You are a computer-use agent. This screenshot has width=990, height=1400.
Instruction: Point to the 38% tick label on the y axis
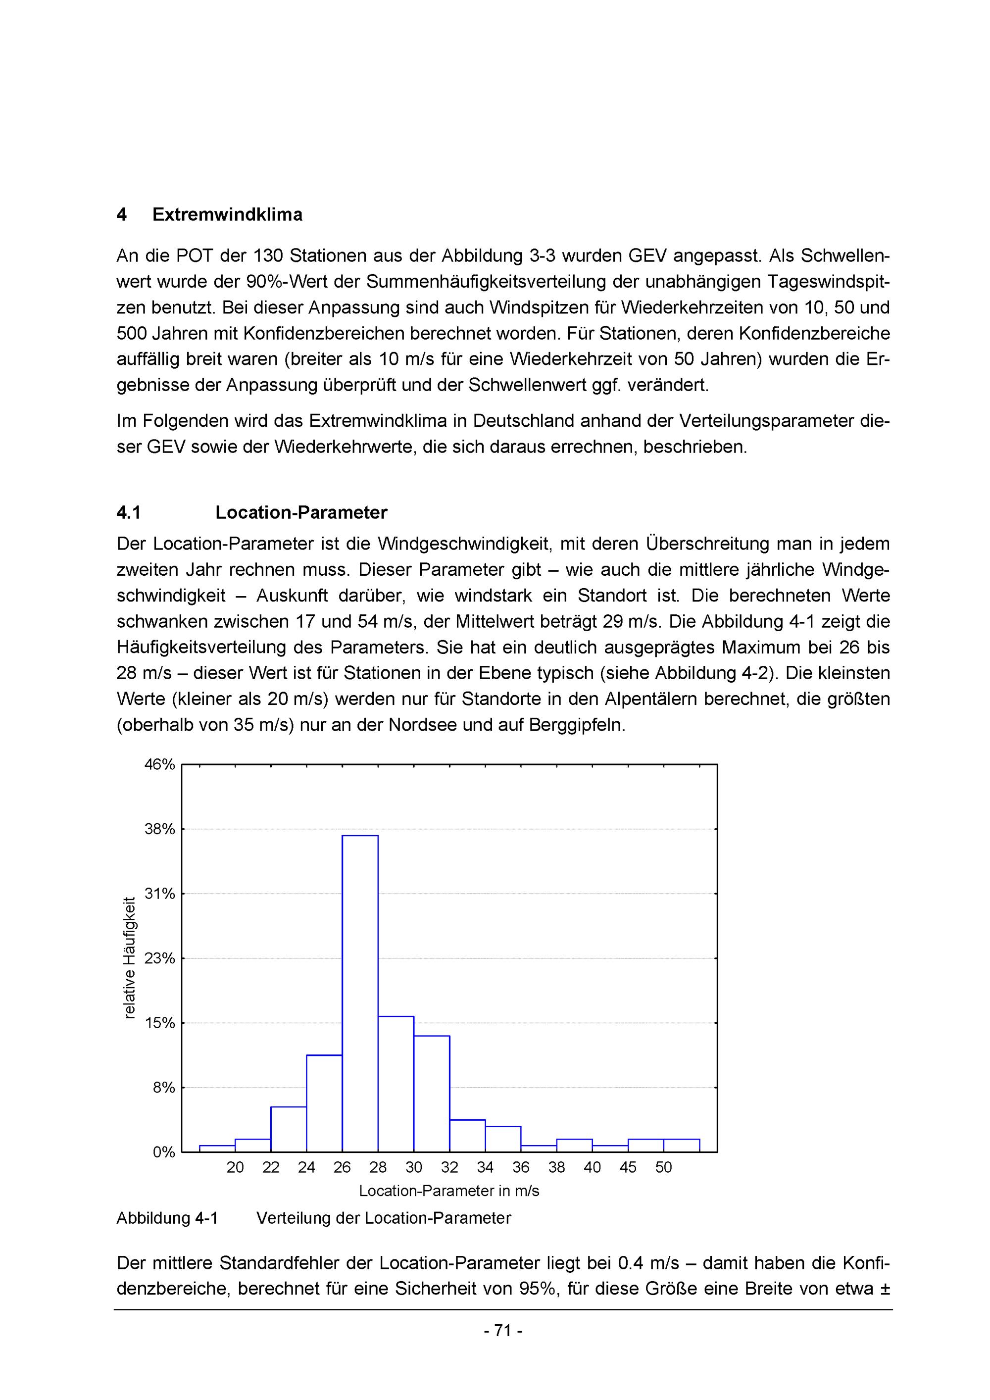pos(160,829)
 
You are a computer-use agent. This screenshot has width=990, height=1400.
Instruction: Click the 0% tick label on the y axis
pos(163,1152)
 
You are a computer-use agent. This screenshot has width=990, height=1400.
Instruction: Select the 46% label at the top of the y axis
pos(160,765)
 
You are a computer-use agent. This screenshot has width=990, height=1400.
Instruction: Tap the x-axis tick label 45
pos(628,1168)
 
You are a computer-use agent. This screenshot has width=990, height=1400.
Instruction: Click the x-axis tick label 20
pos(235,1168)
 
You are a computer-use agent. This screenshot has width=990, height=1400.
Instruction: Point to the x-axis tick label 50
pos(663,1168)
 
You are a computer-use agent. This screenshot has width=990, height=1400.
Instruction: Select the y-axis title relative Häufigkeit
pos(129,957)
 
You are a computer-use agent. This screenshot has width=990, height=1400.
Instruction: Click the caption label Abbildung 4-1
pos(167,1218)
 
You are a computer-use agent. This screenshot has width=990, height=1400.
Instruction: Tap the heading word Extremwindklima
pos(227,215)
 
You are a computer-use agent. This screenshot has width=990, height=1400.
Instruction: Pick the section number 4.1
pos(129,513)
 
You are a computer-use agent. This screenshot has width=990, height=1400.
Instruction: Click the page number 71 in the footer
pos(503,1331)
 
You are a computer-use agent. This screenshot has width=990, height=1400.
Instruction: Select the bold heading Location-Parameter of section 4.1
pos(301,513)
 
